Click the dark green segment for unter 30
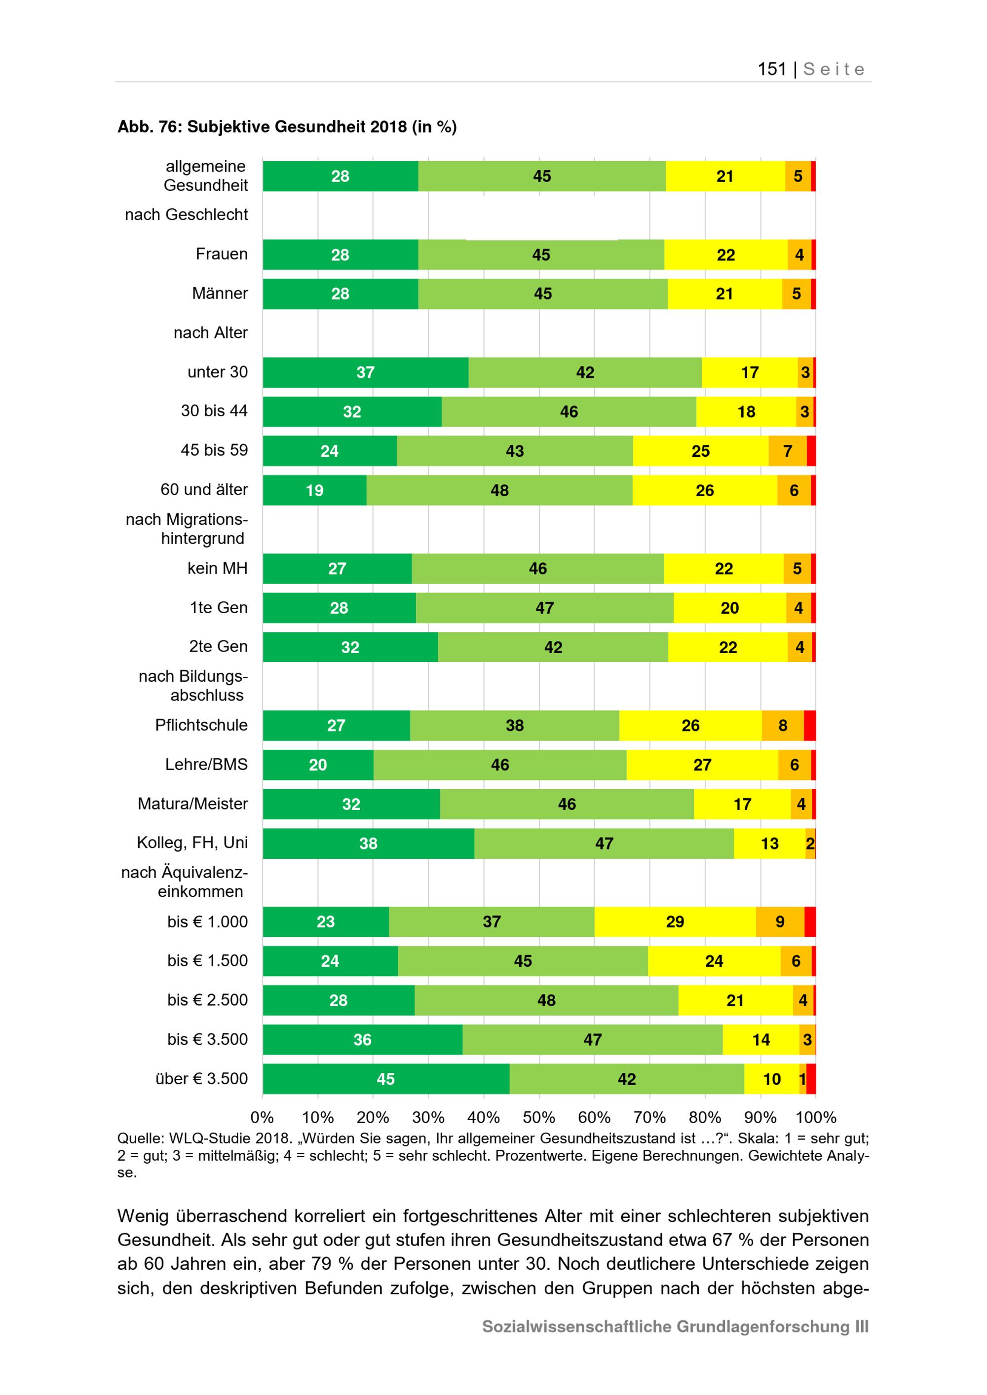click(365, 372)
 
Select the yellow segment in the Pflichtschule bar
click(690, 726)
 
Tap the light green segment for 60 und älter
click(499, 490)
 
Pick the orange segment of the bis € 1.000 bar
click(780, 921)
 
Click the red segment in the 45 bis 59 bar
click(811, 451)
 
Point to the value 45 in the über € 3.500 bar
click(386, 1079)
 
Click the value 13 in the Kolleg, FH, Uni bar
click(769, 844)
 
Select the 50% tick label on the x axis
click(538, 1117)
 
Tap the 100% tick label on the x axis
click(816, 1117)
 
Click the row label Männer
click(220, 294)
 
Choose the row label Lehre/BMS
click(207, 764)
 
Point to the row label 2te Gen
click(218, 647)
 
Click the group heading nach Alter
click(211, 333)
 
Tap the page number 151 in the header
click(772, 69)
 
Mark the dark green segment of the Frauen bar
click(341, 255)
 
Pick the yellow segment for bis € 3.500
click(761, 1039)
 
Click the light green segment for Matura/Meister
click(567, 804)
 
